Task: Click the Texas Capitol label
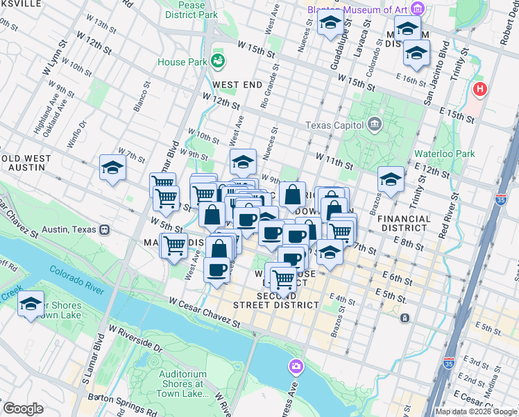click(x=335, y=126)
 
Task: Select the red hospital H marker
click(x=479, y=90)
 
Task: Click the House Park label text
click(x=182, y=62)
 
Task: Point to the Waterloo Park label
click(x=444, y=154)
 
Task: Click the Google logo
click(x=23, y=409)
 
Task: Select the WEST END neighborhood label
click(x=237, y=85)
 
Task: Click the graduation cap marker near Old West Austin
click(x=112, y=168)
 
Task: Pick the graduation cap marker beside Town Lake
click(x=31, y=304)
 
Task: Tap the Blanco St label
click(x=140, y=97)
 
